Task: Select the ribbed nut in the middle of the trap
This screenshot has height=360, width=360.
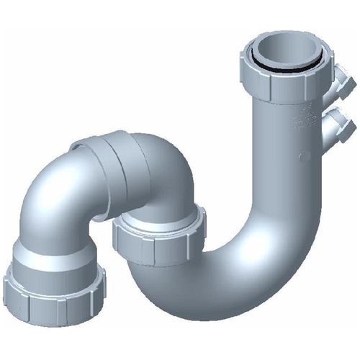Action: [x=160, y=235]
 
